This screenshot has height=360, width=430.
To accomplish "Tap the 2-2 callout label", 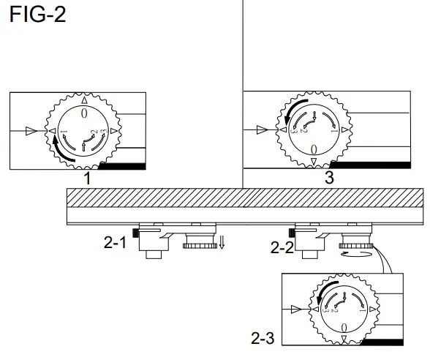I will pos(282,247).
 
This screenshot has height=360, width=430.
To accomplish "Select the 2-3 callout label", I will pos(264,339).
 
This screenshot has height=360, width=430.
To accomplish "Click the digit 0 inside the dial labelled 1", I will pos(85,115).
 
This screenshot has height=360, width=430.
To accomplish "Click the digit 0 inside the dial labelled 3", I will pos(314,150).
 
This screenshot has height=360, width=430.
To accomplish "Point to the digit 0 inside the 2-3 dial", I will pos(343,326).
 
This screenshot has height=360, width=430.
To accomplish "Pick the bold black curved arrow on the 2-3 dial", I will pos(321,293).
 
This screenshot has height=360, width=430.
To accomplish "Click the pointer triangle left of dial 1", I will pos(30,131).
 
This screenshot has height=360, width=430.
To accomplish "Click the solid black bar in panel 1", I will pos(121,167).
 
